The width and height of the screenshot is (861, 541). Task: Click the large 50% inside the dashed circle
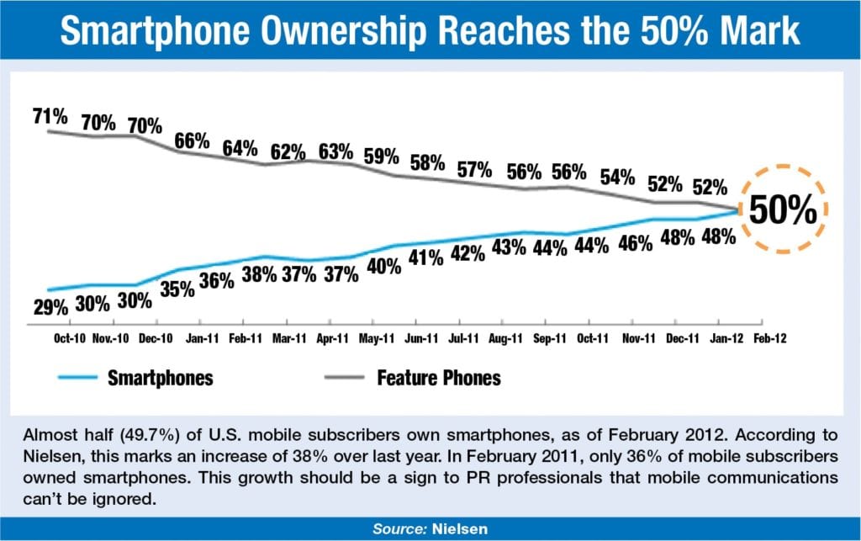pyautogui.click(x=783, y=210)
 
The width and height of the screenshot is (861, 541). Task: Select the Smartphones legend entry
pyautogui.click(x=160, y=377)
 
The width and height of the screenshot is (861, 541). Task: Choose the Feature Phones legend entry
pyautogui.click(x=438, y=377)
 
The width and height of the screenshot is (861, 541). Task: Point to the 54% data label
pyautogui.click(x=617, y=178)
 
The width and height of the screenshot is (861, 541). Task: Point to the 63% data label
pyautogui.click(x=334, y=153)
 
